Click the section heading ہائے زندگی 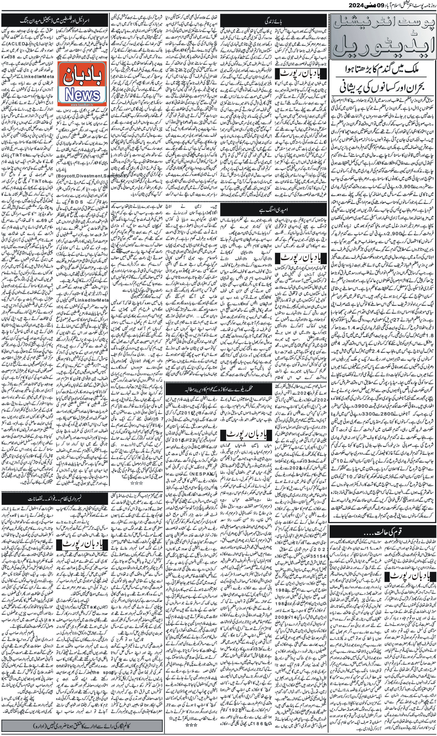point(274,21)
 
